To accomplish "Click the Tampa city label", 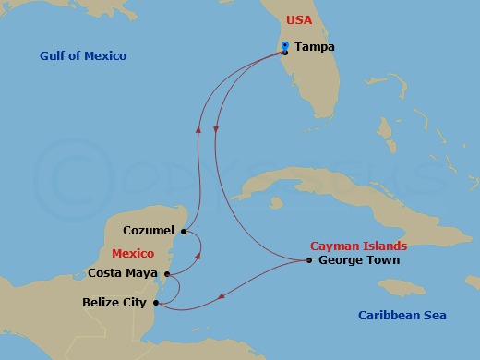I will click(x=315, y=47).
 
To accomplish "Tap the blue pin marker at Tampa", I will click(x=285, y=45).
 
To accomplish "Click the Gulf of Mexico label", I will click(x=83, y=56).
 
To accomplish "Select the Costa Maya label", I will click(x=124, y=272).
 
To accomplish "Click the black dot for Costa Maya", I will click(x=166, y=273).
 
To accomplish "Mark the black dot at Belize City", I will click(x=155, y=303).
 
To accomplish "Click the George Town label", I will click(x=358, y=260).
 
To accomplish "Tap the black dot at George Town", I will click(x=309, y=260).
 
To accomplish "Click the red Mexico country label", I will click(x=132, y=252).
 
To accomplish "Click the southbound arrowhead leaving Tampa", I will click(x=216, y=130).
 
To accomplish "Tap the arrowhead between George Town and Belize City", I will click(x=222, y=296).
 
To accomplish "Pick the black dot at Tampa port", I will click(x=285, y=52).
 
